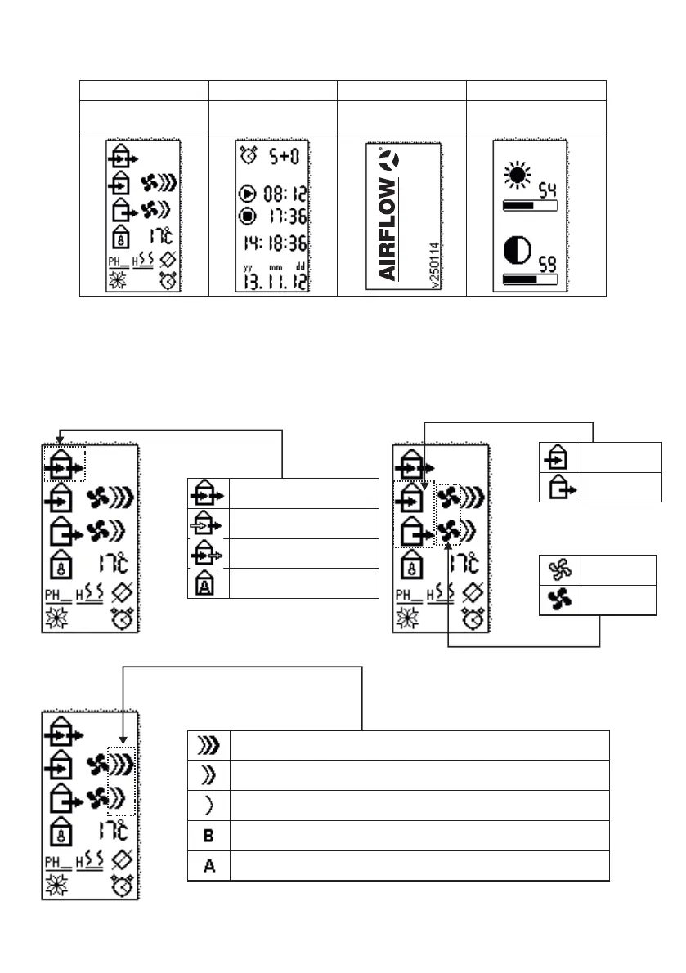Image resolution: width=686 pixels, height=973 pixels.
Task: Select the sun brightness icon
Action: pyautogui.click(x=517, y=176)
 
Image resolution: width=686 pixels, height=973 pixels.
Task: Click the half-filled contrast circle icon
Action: pyautogui.click(x=516, y=251)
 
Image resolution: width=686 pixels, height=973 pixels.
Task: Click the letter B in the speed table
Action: pyautogui.click(x=209, y=835)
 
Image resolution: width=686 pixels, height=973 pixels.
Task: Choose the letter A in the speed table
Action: pyautogui.click(x=209, y=865)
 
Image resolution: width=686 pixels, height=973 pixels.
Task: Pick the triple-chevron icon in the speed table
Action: pyautogui.click(x=208, y=745)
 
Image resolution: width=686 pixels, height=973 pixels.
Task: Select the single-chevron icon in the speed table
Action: pyautogui.click(x=209, y=806)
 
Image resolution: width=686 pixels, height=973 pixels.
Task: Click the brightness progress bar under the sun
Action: pyautogui.click(x=529, y=206)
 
